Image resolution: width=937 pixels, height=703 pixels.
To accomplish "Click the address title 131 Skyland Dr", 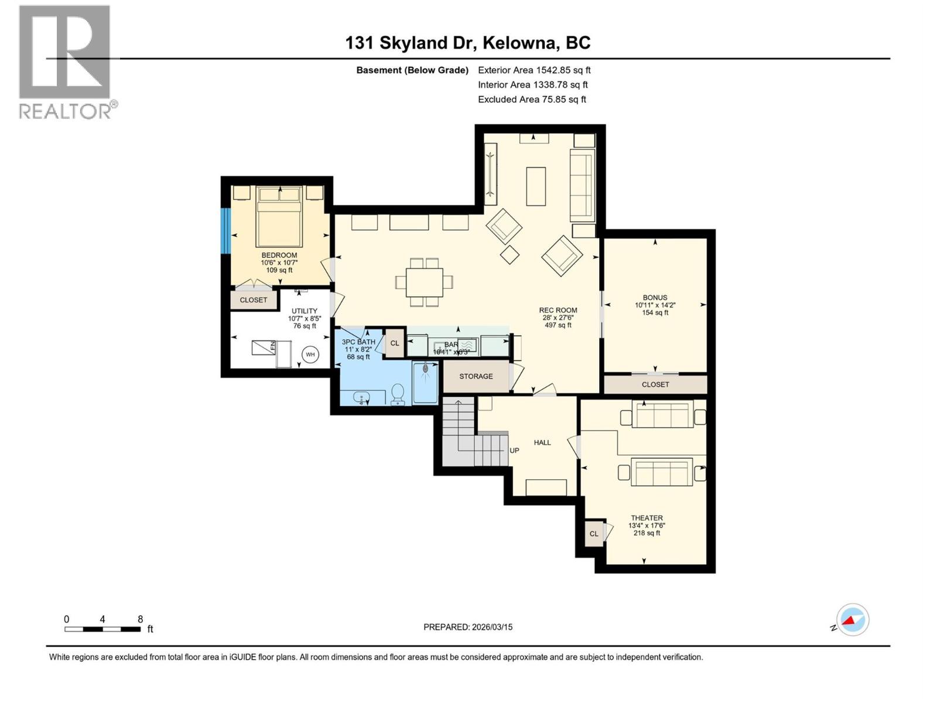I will pos(467,43).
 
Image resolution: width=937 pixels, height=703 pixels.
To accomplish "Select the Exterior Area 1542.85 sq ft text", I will pos(534,70).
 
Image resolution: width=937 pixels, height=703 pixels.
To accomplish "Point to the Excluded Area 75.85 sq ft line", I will pos(532,99).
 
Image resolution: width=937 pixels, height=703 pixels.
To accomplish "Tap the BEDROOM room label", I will pos(279,255).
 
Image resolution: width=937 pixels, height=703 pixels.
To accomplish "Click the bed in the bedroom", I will pos(279,216).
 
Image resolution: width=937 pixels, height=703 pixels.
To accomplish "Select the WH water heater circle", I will pos(310,354).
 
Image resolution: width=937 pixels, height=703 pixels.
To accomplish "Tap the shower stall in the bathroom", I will pos(425,383).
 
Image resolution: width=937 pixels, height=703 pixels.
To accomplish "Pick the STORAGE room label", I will pos(476,376).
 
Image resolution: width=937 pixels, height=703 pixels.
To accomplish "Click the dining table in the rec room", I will pos(425,282).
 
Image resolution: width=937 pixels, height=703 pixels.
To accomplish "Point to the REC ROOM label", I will pos(558,310).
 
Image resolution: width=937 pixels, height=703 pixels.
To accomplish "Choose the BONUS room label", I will pos(655,298).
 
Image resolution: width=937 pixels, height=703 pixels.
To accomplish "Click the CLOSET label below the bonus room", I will pos(655,384).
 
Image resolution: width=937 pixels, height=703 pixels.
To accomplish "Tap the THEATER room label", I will pos(647,518).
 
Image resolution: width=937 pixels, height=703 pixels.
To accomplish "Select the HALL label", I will pos(542,442).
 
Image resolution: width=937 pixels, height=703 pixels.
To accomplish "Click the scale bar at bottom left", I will pos(102,629).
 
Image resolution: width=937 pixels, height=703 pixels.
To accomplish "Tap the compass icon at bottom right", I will pos(852,620).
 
